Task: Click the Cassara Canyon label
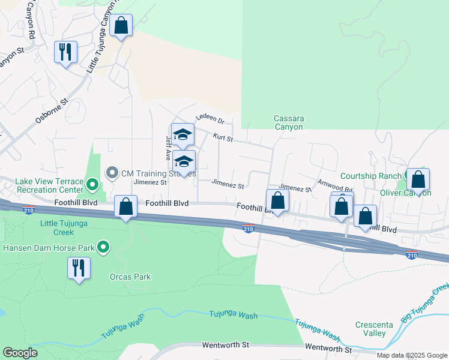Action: (289, 122)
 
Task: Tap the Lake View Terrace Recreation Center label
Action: (41, 185)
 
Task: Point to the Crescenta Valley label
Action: (374, 329)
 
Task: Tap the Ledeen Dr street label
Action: (209, 121)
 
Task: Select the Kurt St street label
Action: (222, 139)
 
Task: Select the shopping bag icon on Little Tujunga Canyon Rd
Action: (121, 26)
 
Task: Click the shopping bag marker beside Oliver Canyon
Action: (418, 179)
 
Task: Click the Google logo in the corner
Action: (20, 353)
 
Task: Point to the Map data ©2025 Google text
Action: (412, 355)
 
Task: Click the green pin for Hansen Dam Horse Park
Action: (103, 247)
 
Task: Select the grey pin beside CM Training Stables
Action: (112, 173)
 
